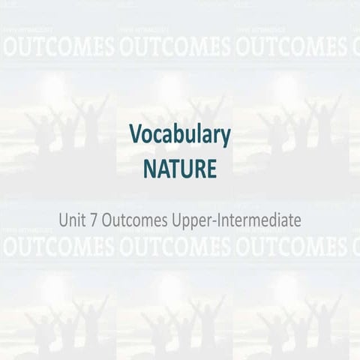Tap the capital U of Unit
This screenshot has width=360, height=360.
(64, 220)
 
